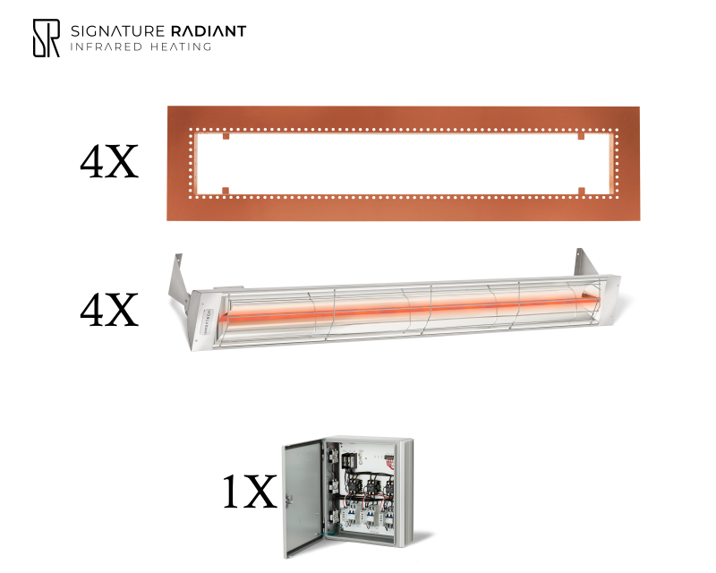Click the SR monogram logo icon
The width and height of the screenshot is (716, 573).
[x=47, y=38]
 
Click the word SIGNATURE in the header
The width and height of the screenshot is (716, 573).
[x=117, y=31]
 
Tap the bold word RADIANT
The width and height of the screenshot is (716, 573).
[x=209, y=31]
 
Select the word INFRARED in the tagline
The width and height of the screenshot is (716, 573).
[x=106, y=47]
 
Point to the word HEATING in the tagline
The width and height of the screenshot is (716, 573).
[x=181, y=47]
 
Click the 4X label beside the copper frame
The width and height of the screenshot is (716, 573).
[x=109, y=162]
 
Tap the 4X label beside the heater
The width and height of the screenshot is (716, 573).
[x=109, y=311]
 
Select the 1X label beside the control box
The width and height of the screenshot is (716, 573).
[x=250, y=492]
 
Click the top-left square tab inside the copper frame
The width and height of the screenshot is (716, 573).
[x=226, y=136]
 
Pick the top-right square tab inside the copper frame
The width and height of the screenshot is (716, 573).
[x=581, y=136]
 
